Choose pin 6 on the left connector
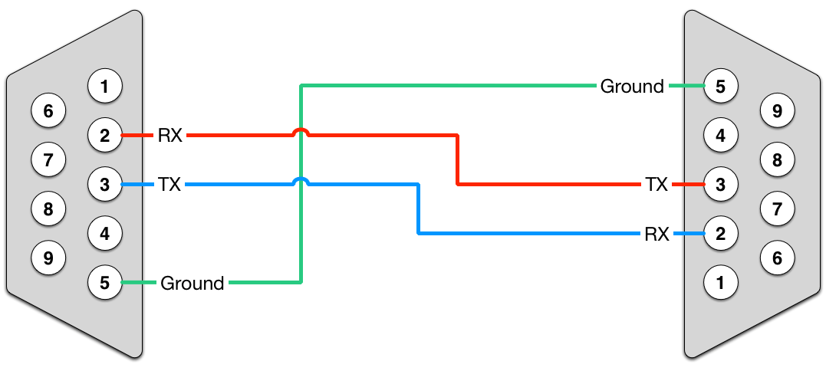[x=48, y=112]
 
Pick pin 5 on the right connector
[x=720, y=86]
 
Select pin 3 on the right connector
[x=720, y=184]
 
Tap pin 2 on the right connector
[x=720, y=233]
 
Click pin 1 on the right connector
[x=720, y=283]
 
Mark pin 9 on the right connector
[x=777, y=111]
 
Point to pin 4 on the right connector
[x=720, y=136]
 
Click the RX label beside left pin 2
[x=169, y=136]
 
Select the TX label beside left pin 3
[x=169, y=184]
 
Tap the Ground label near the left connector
[x=192, y=283]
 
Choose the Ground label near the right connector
[x=632, y=86]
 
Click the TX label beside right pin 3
[x=656, y=184]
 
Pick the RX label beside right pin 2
[x=657, y=233]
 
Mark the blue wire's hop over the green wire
[x=301, y=181]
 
